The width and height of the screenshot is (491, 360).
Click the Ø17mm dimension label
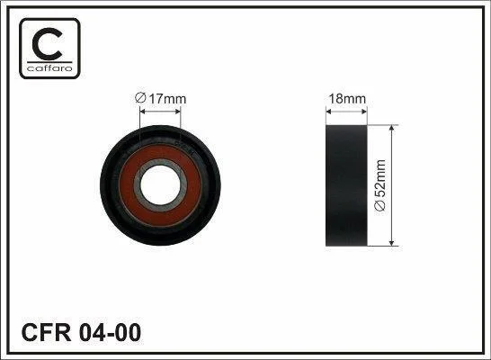click(160, 99)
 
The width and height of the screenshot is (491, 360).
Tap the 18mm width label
click(347, 99)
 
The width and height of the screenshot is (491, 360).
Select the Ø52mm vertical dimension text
click(380, 185)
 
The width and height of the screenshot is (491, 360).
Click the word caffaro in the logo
click(49, 68)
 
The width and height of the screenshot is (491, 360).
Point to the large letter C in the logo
click(47, 44)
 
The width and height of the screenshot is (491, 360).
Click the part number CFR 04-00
click(81, 333)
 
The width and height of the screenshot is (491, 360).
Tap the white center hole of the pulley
click(160, 185)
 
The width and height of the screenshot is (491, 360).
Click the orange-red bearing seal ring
click(160, 150)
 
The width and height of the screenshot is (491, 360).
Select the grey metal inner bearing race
click(160, 162)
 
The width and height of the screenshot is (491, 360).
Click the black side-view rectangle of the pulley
click(346, 185)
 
